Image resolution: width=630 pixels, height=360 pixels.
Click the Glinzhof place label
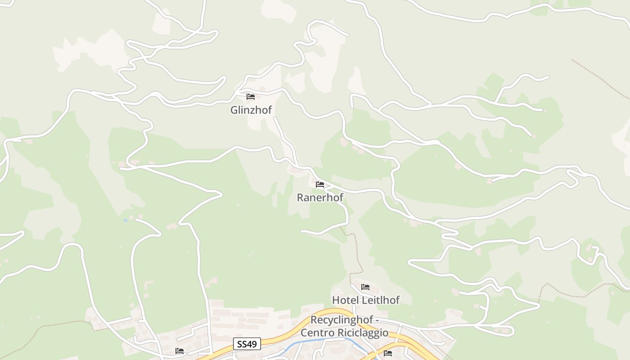[251, 110]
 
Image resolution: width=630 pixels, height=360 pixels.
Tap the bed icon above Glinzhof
[251, 97]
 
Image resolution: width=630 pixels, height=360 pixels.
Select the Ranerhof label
[320, 197]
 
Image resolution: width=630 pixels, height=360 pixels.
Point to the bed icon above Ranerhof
[320, 184]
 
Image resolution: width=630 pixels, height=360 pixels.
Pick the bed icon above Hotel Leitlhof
[365, 287]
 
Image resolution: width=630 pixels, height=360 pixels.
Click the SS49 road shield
[247, 344]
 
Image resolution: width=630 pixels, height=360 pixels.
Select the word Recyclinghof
[342, 320]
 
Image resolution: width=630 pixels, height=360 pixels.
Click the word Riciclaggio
[363, 333]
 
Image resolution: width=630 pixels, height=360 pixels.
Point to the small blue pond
[125, 220]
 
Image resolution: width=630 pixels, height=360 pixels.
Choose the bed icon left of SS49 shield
[180, 351]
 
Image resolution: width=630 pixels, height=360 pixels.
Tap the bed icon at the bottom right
[388, 353]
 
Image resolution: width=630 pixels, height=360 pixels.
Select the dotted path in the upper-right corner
[598, 76]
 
